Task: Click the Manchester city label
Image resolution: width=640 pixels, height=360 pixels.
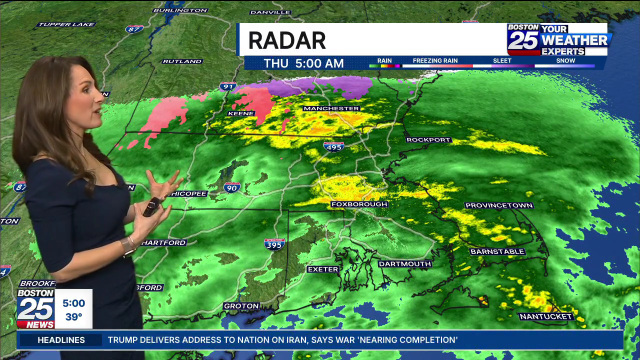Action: click(x=331, y=108)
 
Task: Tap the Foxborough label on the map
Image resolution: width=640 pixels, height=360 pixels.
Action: click(x=359, y=204)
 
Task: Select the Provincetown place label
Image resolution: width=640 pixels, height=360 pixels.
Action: click(x=499, y=205)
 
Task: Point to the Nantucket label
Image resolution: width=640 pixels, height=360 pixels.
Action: click(x=546, y=316)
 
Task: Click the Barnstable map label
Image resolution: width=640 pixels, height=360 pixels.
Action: click(x=497, y=251)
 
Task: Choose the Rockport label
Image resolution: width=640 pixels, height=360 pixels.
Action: click(x=428, y=140)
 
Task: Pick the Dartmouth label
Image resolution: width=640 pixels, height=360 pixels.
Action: click(x=405, y=264)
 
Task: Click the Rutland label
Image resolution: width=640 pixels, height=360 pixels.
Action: click(x=182, y=61)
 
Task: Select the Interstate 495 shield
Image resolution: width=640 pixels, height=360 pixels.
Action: click(x=333, y=146)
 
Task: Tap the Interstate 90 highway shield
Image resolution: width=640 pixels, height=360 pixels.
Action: click(x=232, y=187)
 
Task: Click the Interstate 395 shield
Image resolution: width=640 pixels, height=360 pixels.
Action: click(x=274, y=243)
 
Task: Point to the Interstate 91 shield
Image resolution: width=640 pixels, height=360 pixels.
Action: click(x=228, y=86)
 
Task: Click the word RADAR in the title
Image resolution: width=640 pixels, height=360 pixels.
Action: click(x=287, y=40)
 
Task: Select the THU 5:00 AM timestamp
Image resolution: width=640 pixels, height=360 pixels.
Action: click(x=303, y=63)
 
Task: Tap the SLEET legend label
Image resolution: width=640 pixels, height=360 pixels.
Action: click(x=502, y=61)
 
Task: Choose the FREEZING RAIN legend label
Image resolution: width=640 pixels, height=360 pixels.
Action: click(x=435, y=61)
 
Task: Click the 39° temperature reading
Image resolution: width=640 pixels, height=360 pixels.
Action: click(x=73, y=317)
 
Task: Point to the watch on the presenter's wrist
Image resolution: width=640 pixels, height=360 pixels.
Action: click(x=128, y=246)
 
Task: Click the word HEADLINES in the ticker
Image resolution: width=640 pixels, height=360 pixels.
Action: click(x=61, y=340)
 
